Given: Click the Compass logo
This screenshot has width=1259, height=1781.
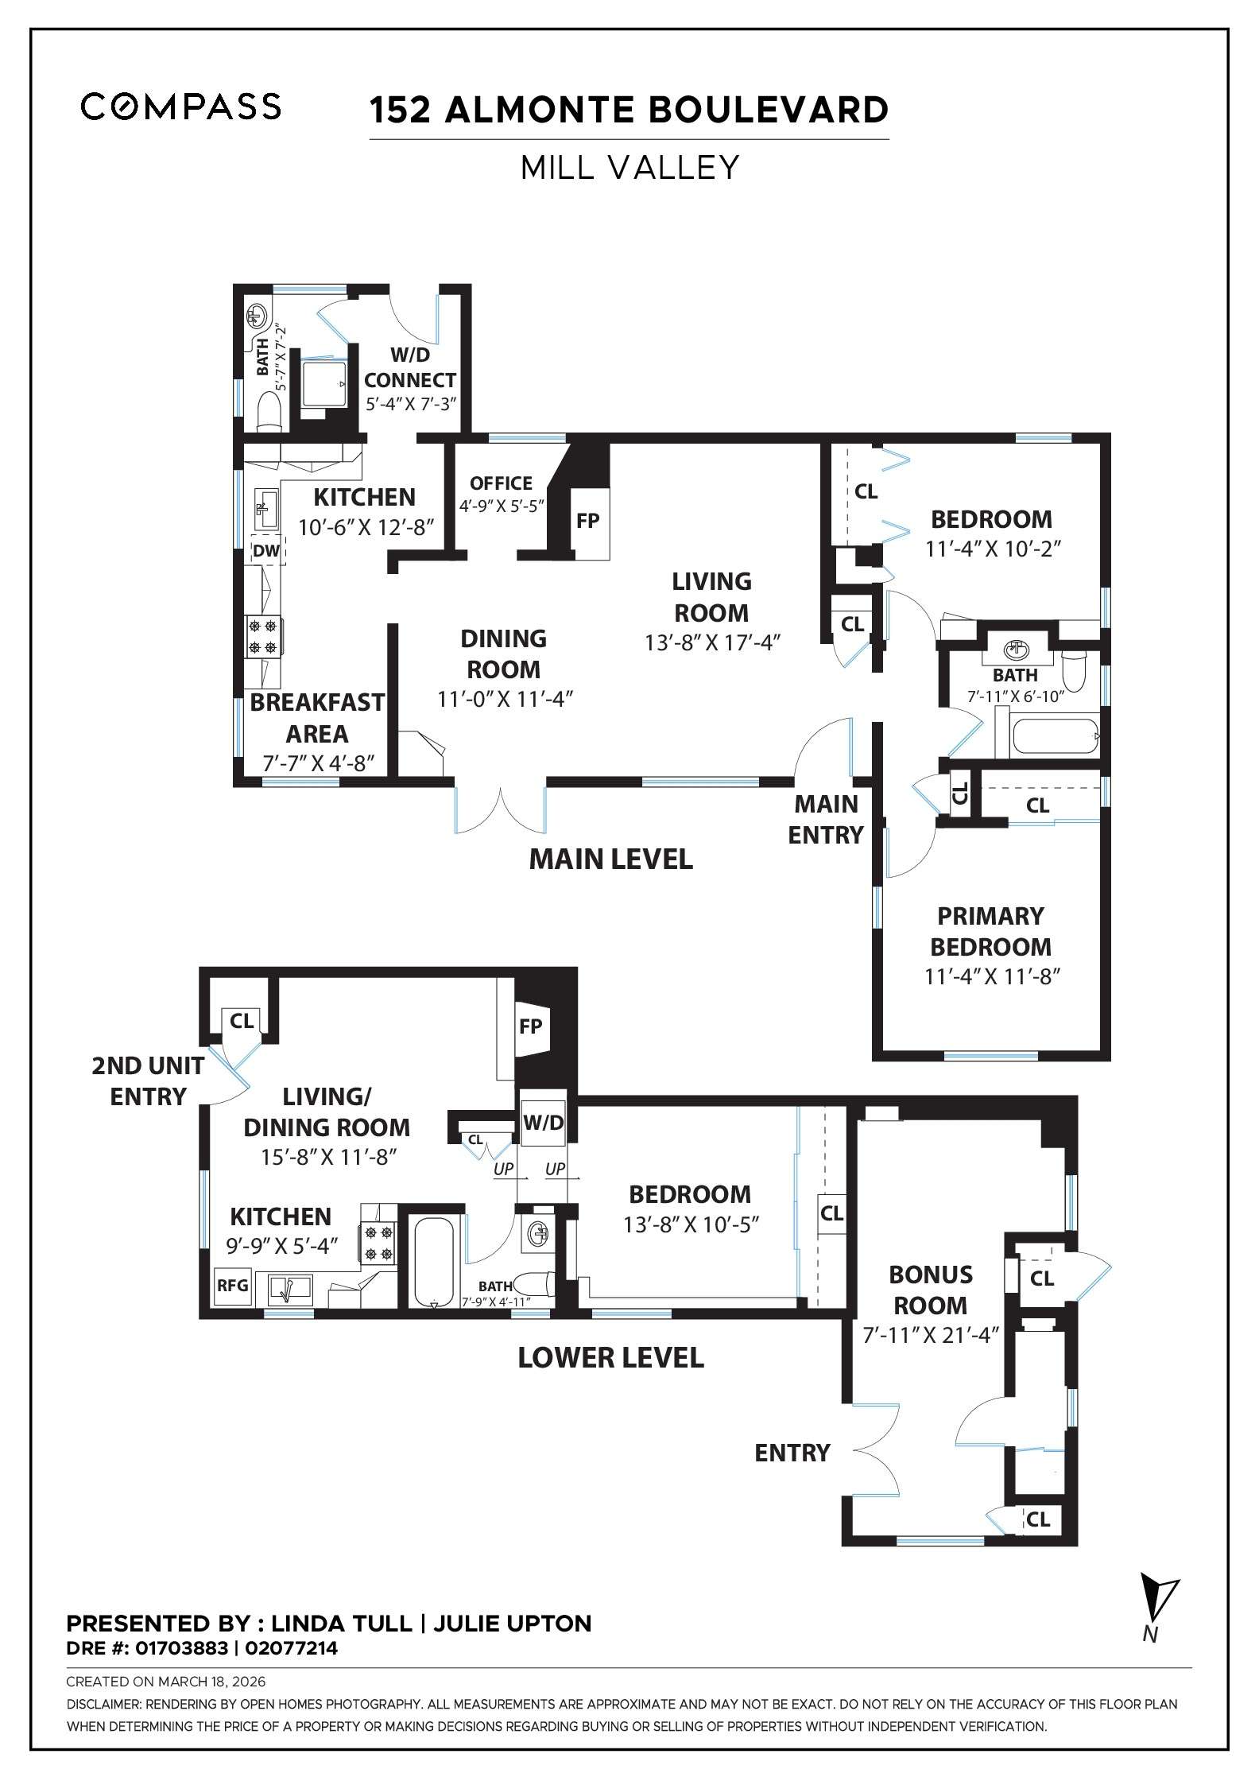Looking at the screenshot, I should (180, 107).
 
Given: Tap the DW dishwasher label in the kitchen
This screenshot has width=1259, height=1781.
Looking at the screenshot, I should (265, 550).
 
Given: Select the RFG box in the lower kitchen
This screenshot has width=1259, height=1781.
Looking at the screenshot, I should (233, 1285).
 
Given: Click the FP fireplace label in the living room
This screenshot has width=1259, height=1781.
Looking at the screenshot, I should (587, 521).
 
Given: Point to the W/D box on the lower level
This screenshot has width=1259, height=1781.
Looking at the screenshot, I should (543, 1122).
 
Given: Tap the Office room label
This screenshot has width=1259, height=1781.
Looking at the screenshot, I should (501, 483).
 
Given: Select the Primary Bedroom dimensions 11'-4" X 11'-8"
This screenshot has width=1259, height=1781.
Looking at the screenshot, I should (993, 976).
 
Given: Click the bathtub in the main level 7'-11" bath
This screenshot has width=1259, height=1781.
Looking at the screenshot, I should (1055, 737).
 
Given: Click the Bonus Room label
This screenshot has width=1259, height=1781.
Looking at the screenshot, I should (930, 1290).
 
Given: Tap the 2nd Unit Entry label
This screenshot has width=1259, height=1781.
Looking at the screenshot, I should (148, 1081).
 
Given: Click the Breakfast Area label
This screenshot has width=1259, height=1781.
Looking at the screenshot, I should (316, 717).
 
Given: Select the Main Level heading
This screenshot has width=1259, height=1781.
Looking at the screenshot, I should (610, 859).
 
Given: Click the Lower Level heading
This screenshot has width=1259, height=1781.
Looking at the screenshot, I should (610, 1357).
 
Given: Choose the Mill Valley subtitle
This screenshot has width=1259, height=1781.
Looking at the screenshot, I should (629, 168).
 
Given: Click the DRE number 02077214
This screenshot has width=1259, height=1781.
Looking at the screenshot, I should (292, 1647).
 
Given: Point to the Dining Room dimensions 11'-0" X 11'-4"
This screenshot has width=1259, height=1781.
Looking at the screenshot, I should (505, 699).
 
